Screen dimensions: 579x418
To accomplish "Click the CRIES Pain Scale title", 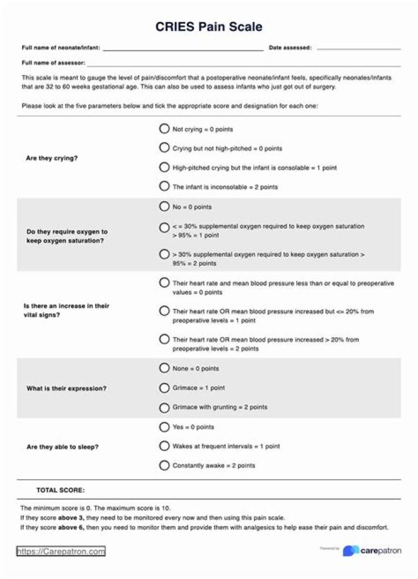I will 208,27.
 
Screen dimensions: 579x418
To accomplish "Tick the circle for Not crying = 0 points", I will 164,129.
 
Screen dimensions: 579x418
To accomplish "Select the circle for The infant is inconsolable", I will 164,187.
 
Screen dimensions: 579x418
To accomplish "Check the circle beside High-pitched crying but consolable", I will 164,167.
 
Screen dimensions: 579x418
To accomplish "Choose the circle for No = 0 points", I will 164,206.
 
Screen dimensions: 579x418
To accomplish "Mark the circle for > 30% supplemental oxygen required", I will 164,254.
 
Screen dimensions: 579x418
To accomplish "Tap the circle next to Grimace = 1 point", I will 164,387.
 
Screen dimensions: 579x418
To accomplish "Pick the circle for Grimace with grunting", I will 164,407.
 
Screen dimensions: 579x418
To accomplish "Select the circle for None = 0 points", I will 164,368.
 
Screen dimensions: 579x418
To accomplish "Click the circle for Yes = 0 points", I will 164,427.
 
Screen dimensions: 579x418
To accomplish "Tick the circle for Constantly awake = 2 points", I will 164,465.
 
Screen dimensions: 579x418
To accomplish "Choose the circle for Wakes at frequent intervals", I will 164,446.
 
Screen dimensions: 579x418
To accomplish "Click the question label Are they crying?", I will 52,158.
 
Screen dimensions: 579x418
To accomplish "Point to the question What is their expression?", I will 66,388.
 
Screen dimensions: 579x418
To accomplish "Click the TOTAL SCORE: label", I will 60,490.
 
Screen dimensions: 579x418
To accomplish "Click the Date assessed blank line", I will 358,48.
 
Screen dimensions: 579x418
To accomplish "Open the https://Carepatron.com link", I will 61,551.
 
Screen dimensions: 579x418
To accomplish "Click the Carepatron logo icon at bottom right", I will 350,551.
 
